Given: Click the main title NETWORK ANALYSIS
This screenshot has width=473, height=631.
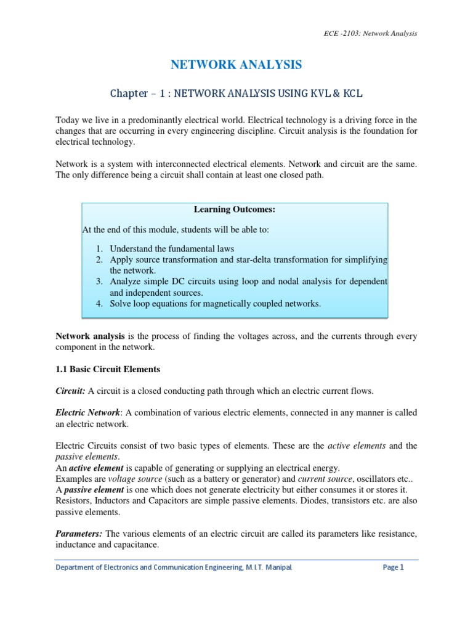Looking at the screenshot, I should tap(236, 64).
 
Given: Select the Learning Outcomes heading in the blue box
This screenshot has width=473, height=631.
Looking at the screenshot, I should tap(234, 210).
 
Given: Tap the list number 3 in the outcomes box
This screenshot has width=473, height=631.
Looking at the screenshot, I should tap(99, 281).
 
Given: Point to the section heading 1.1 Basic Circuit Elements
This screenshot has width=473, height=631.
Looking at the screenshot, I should tap(108, 369).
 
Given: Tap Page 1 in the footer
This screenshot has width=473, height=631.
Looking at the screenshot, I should tap(393, 568).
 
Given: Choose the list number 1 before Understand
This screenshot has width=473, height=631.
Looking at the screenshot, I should tap(99, 248).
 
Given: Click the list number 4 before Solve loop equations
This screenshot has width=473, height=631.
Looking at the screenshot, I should tap(99, 303).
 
